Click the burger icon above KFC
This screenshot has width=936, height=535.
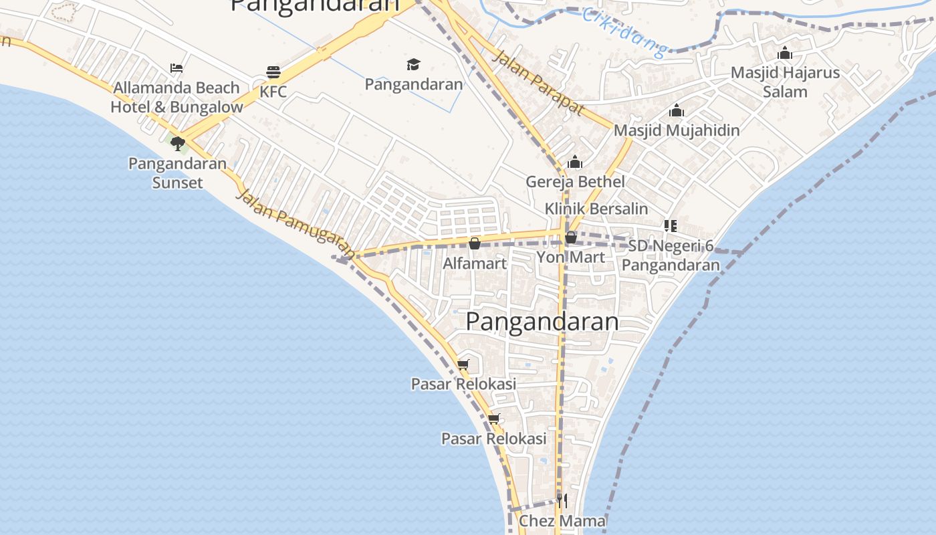pos(273,72)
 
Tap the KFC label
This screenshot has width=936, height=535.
pos(273,92)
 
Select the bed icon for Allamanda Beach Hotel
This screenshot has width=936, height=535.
pos(177,68)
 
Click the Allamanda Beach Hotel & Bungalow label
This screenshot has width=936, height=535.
pos(177,97)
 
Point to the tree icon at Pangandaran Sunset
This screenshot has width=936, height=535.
pos(177,143)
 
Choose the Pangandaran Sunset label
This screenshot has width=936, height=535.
pos(177,173)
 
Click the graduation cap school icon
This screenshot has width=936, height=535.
pos(414,64)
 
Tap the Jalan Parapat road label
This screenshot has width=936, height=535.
pos(538,82)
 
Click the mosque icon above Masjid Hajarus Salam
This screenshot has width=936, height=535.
pos(785,53)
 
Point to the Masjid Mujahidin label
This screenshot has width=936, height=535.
pos(677,130)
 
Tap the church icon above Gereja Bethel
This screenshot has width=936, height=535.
pos(575,162)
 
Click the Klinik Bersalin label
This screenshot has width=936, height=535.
pos(596,209)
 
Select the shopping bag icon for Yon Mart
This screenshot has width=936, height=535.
pos(571,237)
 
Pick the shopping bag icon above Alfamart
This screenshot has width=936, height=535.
pos(475,243)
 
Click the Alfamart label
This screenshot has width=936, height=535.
pos(475,263)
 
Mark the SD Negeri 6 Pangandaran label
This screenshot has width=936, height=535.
pos(671,255)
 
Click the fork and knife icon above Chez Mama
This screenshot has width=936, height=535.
pos(562,501)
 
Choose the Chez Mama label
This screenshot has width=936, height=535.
pos(562,520)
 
